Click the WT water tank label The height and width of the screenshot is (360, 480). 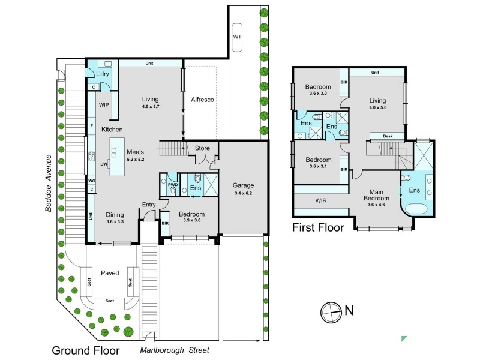click(x=237, y=37)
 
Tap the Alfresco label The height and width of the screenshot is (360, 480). click(x=202, y=100)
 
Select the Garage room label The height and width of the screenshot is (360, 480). click(x=243, y=185)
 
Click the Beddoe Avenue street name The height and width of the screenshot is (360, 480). click(x=49, y=184)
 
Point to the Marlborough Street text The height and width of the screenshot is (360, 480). click(x=175, y=350)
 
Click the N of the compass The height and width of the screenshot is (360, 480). click(x=349, y=310)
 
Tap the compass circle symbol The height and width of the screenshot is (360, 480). click(x=331, y=313)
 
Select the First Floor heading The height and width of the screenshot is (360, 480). click(x=318, y=227)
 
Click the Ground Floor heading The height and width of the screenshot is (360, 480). click(x=86, y=350)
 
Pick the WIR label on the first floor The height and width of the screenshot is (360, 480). click(x=321, y=201)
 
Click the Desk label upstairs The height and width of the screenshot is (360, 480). click(x=388, y=136)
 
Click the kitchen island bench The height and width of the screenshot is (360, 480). click(x=117, y=157)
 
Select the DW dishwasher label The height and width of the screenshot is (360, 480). click(x=104, y=164)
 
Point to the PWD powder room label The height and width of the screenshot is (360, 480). click(x=173, y=185)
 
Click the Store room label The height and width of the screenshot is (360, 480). click(x=202, y=148)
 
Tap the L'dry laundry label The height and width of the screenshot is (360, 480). click(x=102, y=74)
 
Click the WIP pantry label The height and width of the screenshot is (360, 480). click(x=104, y=105)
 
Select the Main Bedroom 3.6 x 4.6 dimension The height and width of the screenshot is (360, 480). click(x=376, y=205)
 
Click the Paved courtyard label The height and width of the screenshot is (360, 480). click(x=110, y=273)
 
